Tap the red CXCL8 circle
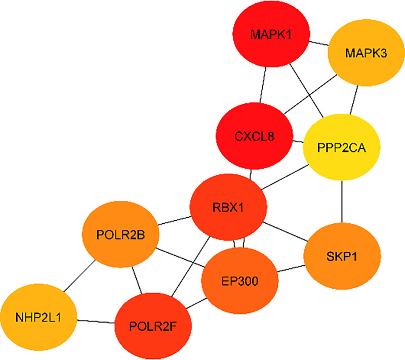click(255, 136)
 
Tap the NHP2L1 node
click(38, 318)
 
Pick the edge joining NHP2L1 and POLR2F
click(96, 321)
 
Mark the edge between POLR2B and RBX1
click(174, 221)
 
